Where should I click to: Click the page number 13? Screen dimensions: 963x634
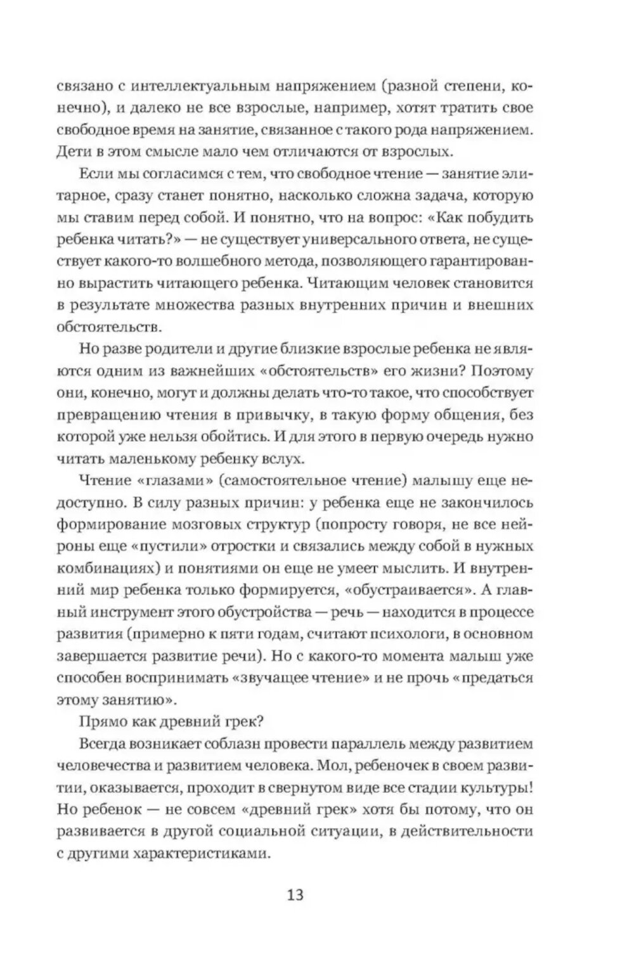tap(295, 895)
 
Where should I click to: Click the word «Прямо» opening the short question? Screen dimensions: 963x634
tap(101, 721)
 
